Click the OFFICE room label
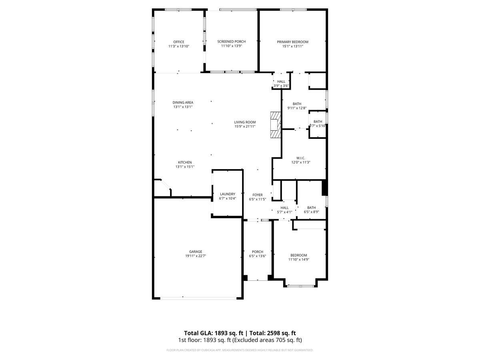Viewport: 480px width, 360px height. pyautogui.click(x=178, y=42)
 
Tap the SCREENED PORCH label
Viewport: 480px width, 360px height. pyautogui.click(x=231, y=42)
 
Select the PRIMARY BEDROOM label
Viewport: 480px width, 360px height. pyautogui.click(x=292, y=42)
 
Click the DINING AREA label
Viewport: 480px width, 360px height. pyautogui.click(x=183, y=103)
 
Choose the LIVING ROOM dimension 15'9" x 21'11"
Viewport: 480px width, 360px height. pyautogui.click(x=245, y=127)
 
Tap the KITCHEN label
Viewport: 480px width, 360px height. pyautogui.click(x=184, y=162)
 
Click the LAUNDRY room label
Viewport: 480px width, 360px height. pyautogui.click(x=227, y=194)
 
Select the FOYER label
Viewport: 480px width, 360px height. pyautogui.click(x=257, y=195)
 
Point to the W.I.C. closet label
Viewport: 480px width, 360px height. pyautogui.click(x=301, y=158)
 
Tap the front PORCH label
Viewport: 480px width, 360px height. pyautogui.click(x=257, y=252)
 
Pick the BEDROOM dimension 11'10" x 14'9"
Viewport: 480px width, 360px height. pyautogui.click(x=299, y=260)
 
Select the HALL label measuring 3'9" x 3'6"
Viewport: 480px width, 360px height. pyautogui.click(x=281, y=82)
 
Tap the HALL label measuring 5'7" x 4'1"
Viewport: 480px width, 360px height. pyautogui.click(x=284, y=208)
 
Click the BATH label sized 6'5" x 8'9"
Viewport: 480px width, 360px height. pyautogui.click(x=311, y=208)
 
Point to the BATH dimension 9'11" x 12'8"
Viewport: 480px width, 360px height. pyautogui.click(x=297, y=108)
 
